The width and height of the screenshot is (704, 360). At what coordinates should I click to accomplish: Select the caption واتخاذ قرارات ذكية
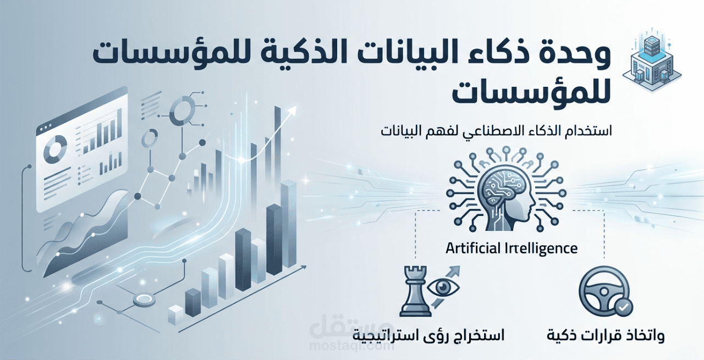pos(605,335)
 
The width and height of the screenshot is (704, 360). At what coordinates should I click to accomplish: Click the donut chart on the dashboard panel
pos(55,149)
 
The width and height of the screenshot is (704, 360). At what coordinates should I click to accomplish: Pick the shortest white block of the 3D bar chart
pos(175,314)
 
